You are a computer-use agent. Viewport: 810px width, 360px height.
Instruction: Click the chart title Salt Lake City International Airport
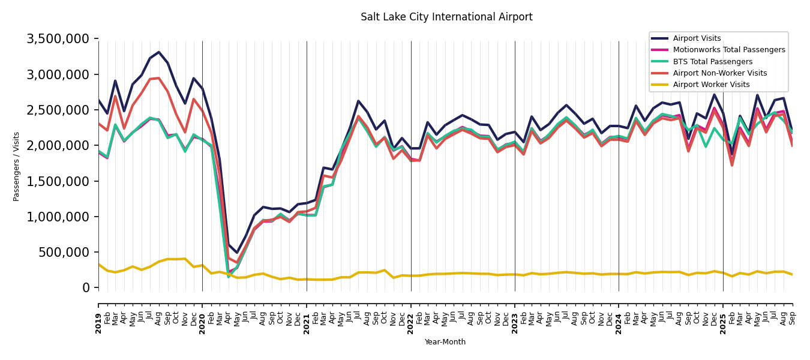point(446,17)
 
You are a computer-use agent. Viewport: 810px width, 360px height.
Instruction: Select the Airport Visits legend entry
point(697,38)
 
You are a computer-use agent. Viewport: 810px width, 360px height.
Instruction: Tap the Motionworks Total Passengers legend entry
point(728,50)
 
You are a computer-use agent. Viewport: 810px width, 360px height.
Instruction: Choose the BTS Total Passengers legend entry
point(712,62)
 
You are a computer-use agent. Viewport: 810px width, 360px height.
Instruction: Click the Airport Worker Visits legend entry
point(711,85)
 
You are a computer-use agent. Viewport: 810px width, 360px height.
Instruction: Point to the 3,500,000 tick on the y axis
point(58,39)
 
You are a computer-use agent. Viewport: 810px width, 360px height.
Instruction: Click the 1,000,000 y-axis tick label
point(58,217)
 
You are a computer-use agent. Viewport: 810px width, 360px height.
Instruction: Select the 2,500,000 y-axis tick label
point(58,110)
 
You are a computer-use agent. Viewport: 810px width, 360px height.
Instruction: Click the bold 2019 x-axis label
point(99,315)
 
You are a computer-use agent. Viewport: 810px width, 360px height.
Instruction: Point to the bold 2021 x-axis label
point(307,315)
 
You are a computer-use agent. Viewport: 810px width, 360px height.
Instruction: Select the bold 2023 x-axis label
point(515,315)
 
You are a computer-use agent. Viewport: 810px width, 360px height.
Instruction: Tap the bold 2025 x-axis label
point(723,315)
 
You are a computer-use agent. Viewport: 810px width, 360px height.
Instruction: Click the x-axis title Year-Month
point(445,342)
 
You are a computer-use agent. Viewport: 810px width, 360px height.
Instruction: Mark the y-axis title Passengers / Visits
point(17,166)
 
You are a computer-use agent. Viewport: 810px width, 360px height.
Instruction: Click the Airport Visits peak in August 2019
point(159,52)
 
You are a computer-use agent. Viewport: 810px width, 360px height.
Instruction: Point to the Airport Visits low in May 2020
point(237,253)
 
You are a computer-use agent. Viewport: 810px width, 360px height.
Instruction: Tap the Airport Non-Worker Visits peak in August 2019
point(159,78)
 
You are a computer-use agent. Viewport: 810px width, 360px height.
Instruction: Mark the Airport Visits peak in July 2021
point(358,101)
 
